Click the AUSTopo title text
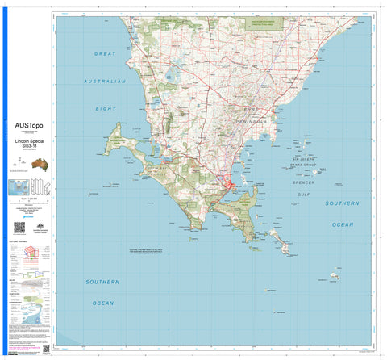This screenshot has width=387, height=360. click(29, 125)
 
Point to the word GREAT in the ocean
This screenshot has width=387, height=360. click(105, 53)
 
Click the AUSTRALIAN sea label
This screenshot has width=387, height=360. click(106, 82)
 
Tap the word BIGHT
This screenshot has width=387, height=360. click(106, 107)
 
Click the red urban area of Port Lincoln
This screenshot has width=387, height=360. click(231, 189)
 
